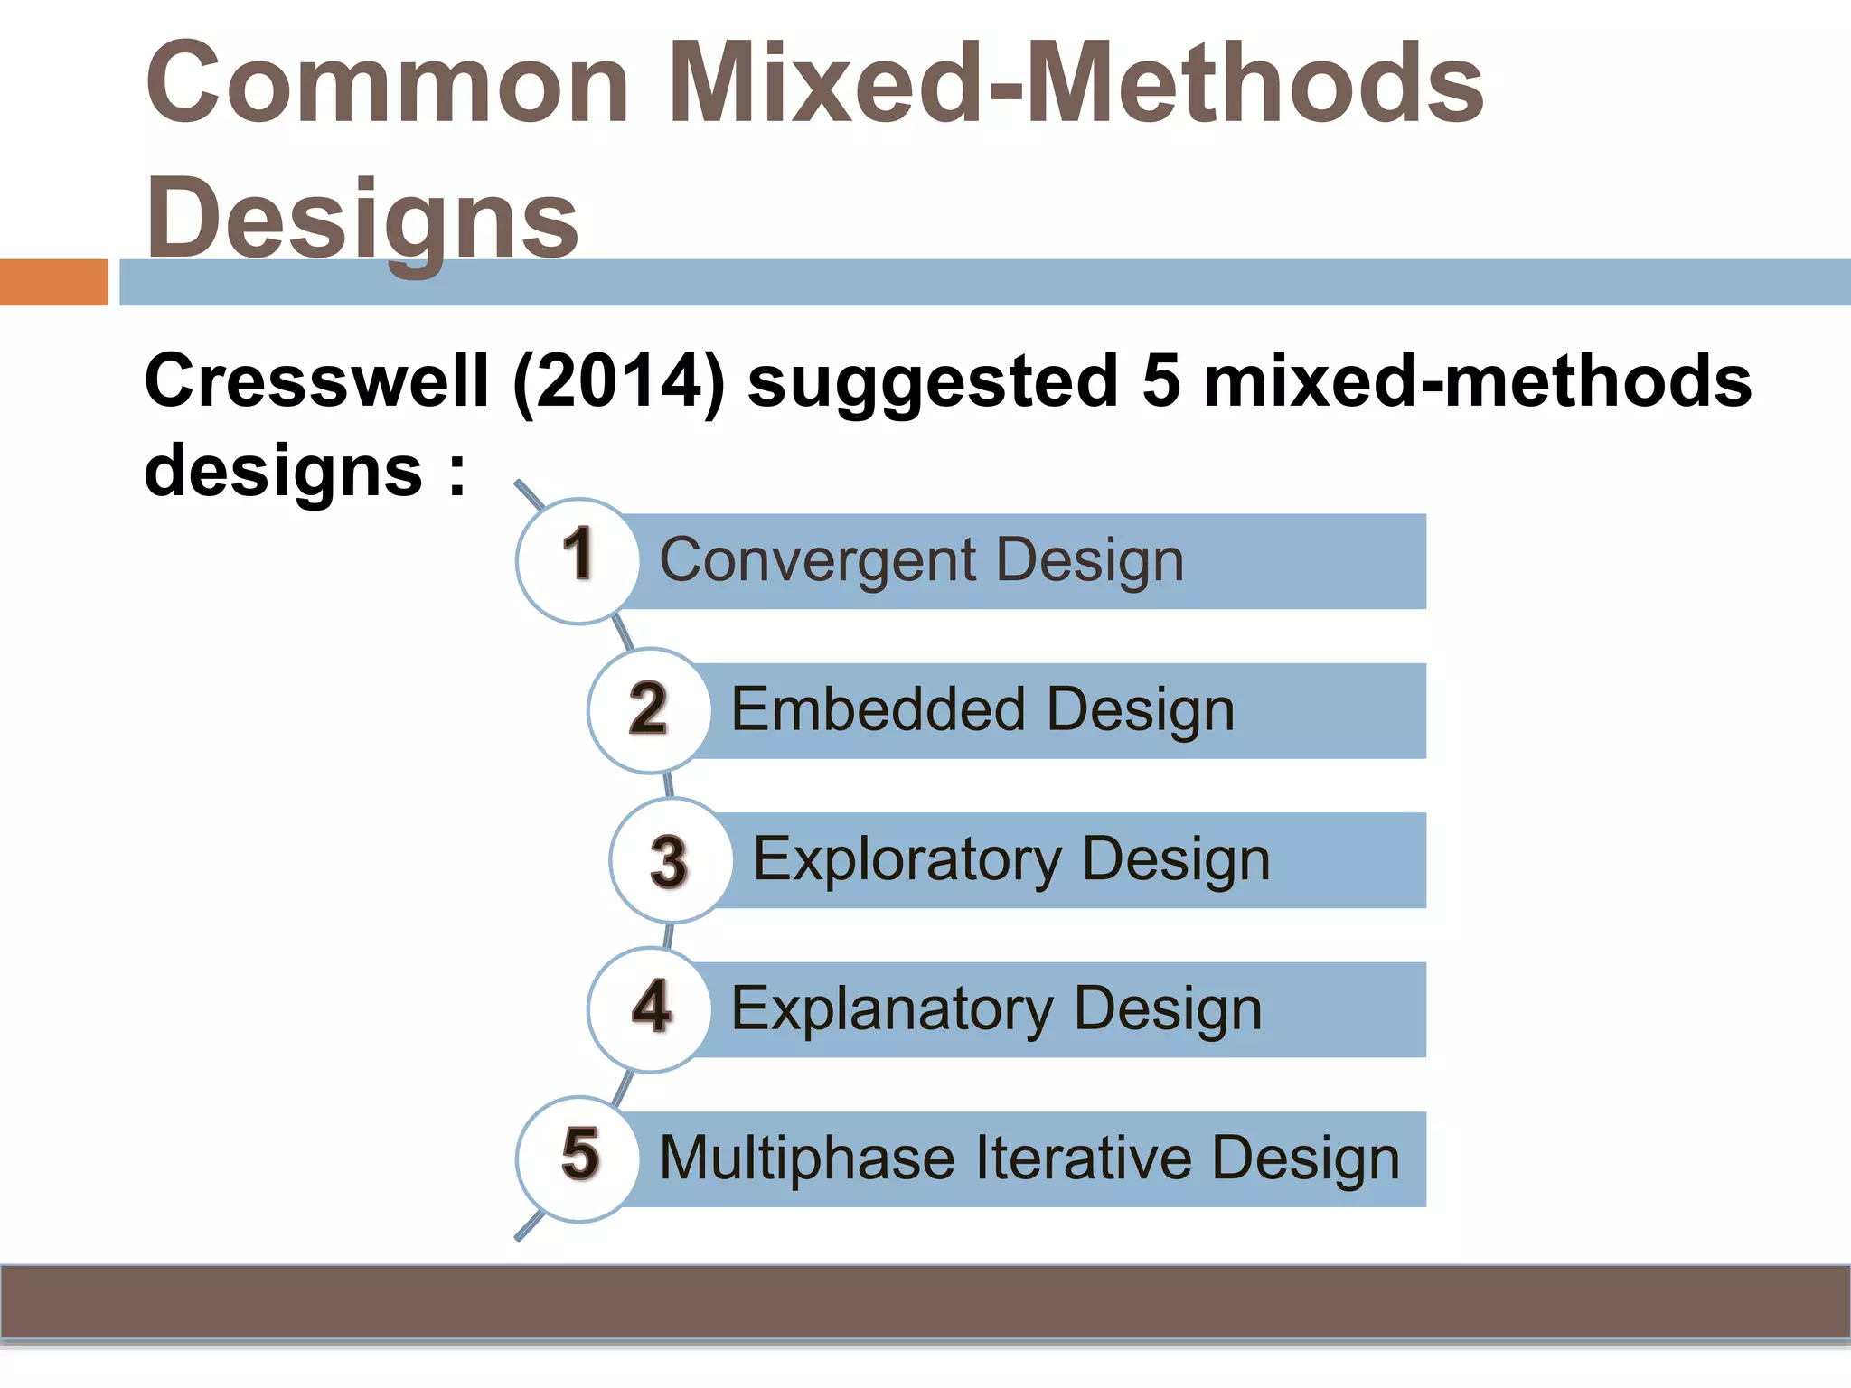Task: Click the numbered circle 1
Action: [x=578, y=561]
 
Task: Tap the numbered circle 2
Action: [x=649, y=710]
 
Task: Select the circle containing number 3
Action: [x=671, y=860]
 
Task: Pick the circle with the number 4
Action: [x=649, y=1009]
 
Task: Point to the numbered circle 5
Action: [x=578, y=1158]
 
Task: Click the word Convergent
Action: [x=817, y=561]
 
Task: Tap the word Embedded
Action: [x=877, y=709]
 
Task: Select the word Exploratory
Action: [x=907, y=859]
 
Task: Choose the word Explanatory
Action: [x=891, y=1009]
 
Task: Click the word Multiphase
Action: [x=806, y=1158]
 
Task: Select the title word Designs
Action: [x=362, y=220]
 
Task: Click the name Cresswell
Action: [x=316, y=381]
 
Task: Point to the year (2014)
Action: [x=619, y=381]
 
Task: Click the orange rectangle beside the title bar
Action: [x=53, y=282]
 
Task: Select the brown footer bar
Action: [x=925, y=1301]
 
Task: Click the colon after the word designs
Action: [x=457, y=472]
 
